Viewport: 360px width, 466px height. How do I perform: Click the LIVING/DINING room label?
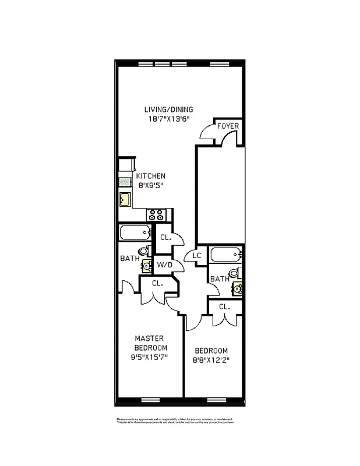tap(169, 109)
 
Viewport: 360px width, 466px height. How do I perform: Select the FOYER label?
tap(227, 126)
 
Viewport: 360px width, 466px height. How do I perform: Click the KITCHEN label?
tap(151, 176)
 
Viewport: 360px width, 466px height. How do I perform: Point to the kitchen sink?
tap(125, 200)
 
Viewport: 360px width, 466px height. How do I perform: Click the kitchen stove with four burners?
tap(158, 214)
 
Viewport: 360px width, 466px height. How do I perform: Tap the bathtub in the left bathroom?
tap(135, 234)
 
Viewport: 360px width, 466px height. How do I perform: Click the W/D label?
tap(164, 265)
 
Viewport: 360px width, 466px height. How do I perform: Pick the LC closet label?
tap(197, 256)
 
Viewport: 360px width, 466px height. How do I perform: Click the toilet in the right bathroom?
tap(234, 273)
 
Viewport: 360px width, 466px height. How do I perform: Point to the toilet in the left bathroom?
tap(144, 251)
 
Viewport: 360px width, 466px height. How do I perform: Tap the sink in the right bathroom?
tap(238, 287)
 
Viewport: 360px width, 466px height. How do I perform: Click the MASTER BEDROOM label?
tap(149, 343)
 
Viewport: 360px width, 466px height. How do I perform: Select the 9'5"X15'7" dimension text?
tap(149, 357)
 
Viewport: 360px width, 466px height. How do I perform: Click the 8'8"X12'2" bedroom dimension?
tap(211, 359)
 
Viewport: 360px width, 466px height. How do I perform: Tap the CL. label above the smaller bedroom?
tap(224, 306)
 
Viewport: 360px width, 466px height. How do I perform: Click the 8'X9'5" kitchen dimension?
tap(151, 186)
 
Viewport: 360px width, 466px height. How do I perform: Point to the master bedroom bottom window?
tap(150, 399)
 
